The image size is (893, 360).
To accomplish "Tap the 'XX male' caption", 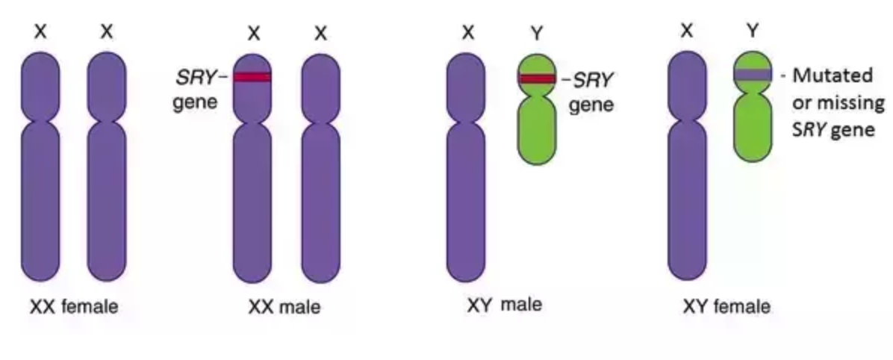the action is (x=284, y=307).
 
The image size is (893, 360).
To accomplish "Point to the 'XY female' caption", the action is (x=726, y=306).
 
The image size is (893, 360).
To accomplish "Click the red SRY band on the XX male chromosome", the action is (x=252, y=76).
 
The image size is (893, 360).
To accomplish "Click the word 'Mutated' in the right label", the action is (x=832, y=75).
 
